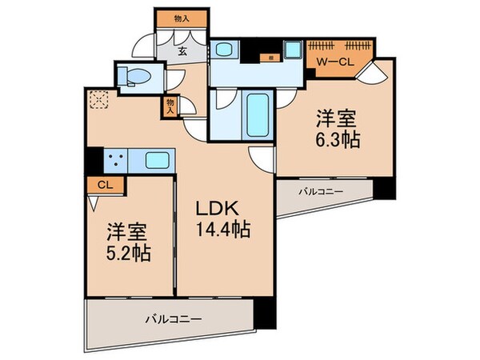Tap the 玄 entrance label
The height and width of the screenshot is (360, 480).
(x=182, y=54)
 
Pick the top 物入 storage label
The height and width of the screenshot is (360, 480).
(x=182, y=18)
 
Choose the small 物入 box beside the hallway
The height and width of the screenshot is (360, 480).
(x=171, y=106)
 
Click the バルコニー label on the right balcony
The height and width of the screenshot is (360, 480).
(x=324, y=192)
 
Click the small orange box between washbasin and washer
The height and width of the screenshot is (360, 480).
(x=272, y=58)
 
